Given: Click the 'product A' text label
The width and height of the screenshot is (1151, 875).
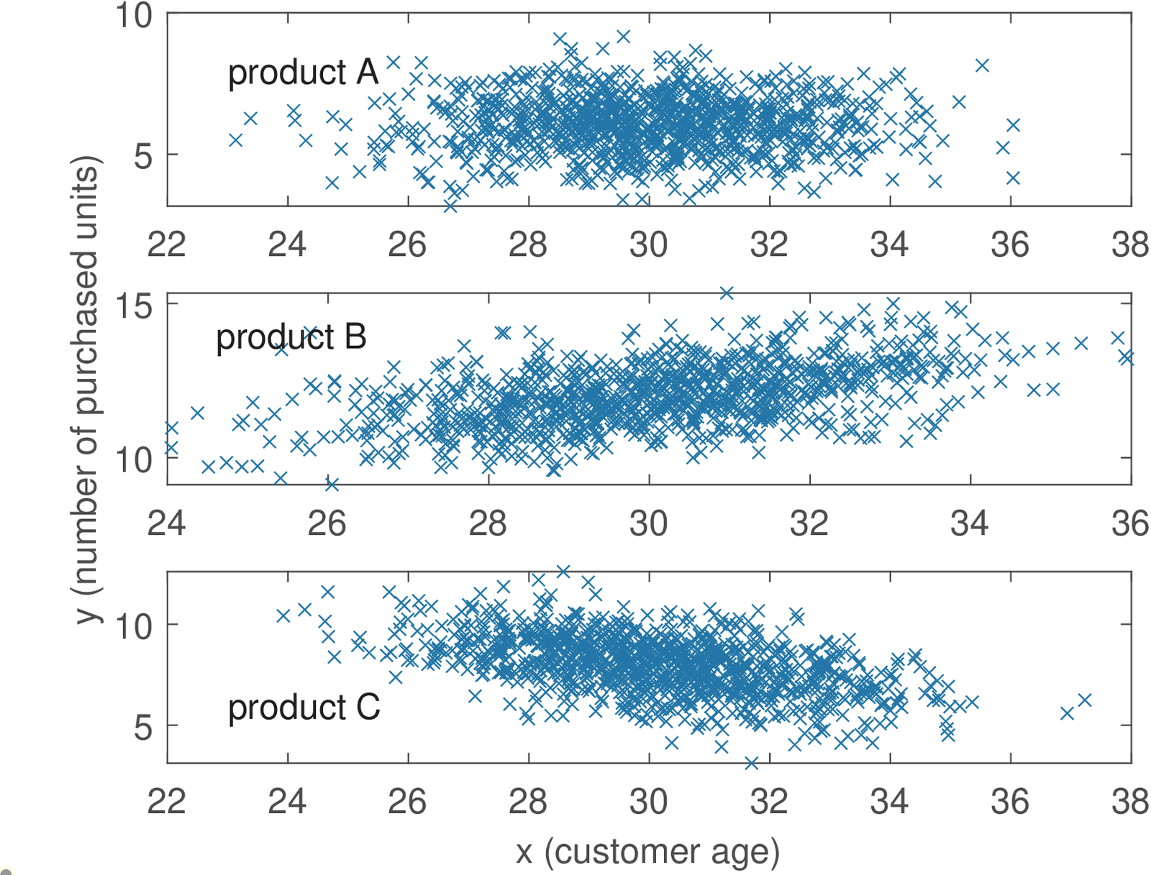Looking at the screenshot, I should (x=303, y=73).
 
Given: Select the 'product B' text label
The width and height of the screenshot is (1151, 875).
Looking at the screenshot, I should (x=291, y=337).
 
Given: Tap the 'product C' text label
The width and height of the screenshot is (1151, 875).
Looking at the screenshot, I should (x=304, y=707).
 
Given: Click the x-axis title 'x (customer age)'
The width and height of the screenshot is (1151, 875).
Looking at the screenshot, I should (x=647, y=852).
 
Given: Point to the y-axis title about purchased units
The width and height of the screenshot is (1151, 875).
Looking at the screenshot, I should (x=87, y=388).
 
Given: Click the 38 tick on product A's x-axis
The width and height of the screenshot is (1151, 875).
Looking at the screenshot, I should (x=1129, y=245).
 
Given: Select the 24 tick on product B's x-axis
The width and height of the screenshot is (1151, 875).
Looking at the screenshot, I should (x=166, y=523).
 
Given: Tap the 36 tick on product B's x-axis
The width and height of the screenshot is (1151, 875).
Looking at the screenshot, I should (x=1129, y=523).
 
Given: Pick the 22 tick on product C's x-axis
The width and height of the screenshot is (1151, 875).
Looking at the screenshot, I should (x=166, y=802).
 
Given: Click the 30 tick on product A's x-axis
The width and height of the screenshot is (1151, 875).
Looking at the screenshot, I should (x=648, y=245).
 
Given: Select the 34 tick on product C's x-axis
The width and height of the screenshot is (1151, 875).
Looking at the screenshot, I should (x=890, y=802).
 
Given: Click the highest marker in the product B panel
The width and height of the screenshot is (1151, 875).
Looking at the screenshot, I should (x=727, y=293).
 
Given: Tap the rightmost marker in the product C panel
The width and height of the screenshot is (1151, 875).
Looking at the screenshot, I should (x=1085, y=700).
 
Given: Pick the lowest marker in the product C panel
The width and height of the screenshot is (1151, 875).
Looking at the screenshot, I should (x=752, y=763).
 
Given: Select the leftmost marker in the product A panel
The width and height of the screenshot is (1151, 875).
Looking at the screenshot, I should (x=235, y=140).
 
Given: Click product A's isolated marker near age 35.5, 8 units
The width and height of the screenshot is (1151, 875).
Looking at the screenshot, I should (x=982, y=65).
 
